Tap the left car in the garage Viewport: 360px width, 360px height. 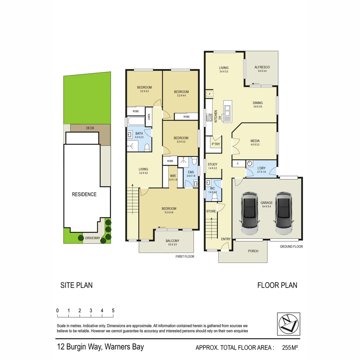[x=250, y=214]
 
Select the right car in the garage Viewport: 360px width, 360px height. [x=283, y=214]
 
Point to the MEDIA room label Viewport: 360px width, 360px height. [x=255, y=141]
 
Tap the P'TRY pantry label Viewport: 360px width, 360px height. [x=215, y=144]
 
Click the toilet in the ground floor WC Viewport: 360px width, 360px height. [x=214, y=197]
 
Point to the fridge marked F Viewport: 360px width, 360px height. [x=209, y=94]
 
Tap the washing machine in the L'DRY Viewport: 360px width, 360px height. [x=250, y=164]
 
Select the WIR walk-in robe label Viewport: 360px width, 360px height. [x=173, y=176]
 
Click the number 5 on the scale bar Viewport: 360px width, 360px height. [x=113, y=310]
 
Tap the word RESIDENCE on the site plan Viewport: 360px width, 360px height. [x=84, y=194]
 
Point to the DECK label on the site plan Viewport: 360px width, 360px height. [x=90, y=128]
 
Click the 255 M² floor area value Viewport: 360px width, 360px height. [x=290, y=348]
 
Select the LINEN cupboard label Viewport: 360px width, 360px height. [x=149, y=117]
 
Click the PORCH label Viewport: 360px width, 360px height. [x=253, y=251]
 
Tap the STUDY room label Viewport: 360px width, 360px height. [x=212, y=164]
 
